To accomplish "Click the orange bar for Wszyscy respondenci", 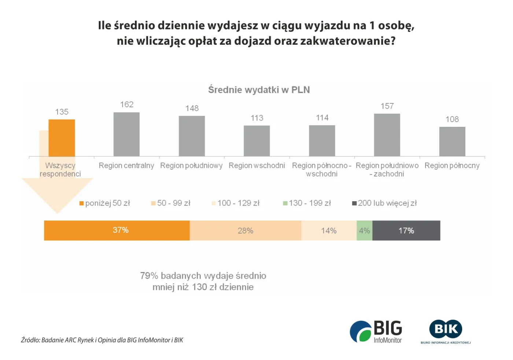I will [62, 138].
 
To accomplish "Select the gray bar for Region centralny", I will [126, 134].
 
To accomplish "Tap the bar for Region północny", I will [452, 142].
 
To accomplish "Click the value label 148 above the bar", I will [192, 108].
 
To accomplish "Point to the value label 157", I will [387, 106].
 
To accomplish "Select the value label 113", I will [257, 118].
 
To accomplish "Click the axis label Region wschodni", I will [257, 166].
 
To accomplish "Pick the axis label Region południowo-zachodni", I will [387, 170].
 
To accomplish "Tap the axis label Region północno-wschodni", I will [322, 170].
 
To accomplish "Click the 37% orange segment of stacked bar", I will [117, 231].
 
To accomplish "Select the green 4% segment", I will [364, 231].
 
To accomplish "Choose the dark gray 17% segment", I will [406, 231].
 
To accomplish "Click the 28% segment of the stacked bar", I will [245, 231].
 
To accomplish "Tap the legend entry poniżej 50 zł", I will [105, 203].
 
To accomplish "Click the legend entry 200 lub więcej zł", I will [384, 203].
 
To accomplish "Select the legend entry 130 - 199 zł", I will [307, 203].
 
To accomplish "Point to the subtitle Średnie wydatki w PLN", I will [259, 90].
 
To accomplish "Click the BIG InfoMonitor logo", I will [376, 332].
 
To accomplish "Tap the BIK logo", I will [446, 331].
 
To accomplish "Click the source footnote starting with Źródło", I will [102, 340].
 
